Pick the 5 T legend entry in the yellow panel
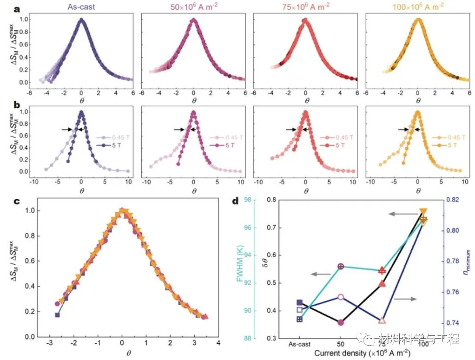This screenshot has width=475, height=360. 448,145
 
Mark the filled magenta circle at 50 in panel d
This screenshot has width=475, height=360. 341,322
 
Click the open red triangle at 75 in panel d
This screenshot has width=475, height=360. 382,321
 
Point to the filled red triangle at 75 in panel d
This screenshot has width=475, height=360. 382,284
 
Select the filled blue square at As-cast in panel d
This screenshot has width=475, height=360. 300,302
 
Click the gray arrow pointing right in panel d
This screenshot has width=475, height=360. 404,299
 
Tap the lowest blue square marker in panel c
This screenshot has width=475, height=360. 58,315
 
